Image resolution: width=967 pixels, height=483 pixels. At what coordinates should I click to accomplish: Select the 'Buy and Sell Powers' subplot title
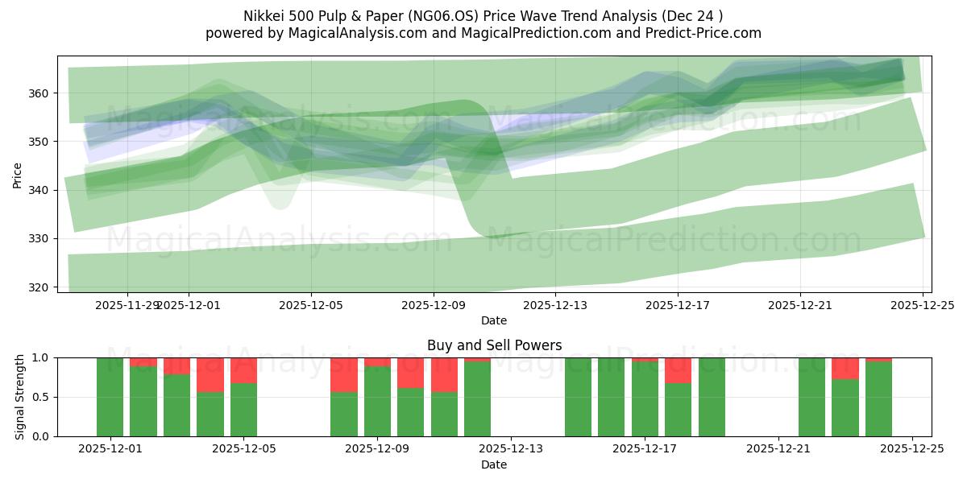[494, 345]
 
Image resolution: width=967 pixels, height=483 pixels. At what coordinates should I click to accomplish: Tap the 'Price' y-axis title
[17, 174]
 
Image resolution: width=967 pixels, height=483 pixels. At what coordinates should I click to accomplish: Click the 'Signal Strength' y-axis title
[20, 397]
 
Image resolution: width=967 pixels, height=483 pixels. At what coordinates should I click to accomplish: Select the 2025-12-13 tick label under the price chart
[556, 305]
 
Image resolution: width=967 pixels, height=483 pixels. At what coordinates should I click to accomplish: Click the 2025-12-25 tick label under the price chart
[923, 305]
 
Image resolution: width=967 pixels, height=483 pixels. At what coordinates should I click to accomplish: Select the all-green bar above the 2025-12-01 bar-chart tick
[110, 397]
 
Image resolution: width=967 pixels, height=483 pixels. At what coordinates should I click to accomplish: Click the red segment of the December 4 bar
[210, 374]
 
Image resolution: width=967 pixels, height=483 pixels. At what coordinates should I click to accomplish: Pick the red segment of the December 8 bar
[344, 374]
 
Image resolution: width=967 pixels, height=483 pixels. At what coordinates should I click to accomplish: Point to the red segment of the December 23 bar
[845, 368]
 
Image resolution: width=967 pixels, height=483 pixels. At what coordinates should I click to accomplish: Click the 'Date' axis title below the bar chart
[494, 464]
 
